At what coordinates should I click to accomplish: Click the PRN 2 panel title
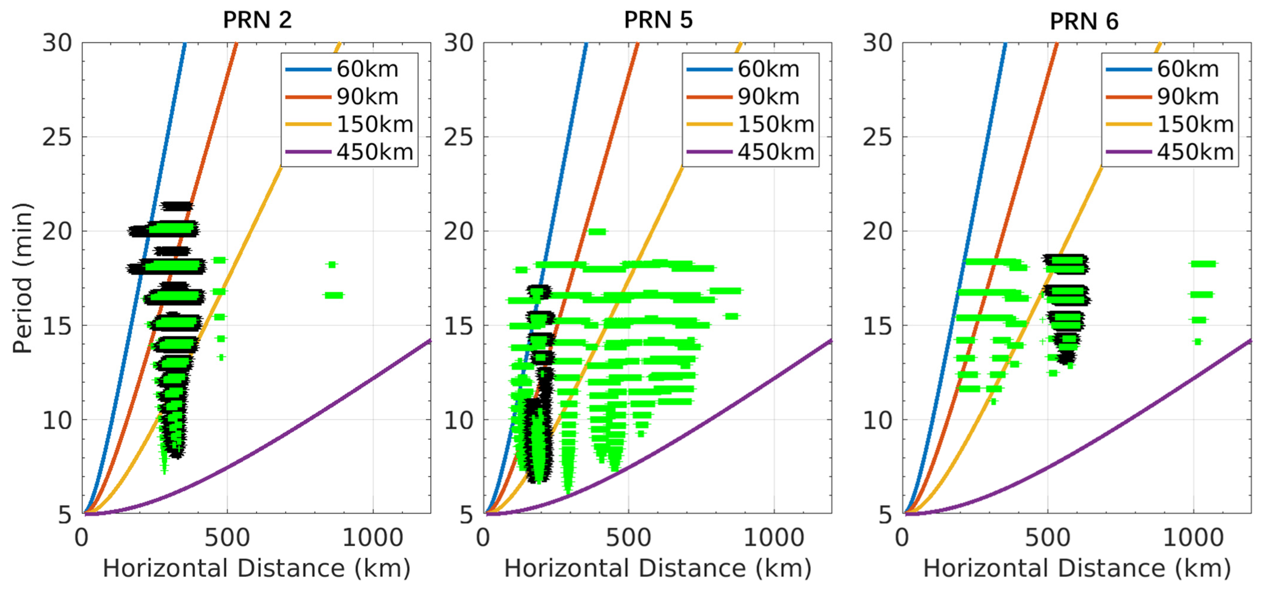click(x=258, y=20)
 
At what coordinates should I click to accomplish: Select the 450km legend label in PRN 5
click(x=776, y=152)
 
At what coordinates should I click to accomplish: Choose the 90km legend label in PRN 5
click(x=768, y=97)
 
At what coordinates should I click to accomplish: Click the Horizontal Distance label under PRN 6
click(x=1077, y=569)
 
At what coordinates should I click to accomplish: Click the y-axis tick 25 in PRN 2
click(x=57, y=137)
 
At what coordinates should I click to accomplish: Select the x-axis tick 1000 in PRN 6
click(x=1193, y=537)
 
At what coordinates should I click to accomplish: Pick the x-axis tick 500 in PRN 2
click(x=227, y=537)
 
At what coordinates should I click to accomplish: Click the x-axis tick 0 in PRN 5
click(x=483, y=537)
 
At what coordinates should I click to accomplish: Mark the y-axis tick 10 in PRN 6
click(x=878, y=420)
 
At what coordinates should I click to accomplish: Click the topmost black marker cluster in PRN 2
click(x=177, y=206)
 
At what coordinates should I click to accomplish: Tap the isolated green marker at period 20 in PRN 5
click(x=597, y=232)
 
